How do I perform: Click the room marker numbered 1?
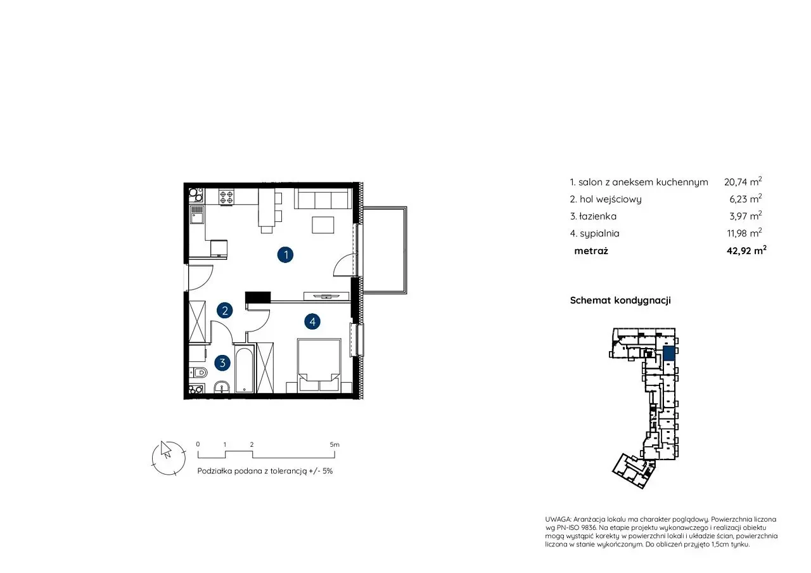click(285, 255)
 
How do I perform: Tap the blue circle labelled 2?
click(224, 311)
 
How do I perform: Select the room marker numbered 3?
click(222, 363)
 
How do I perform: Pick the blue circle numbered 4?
click(312, 321)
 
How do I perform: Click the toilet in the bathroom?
click(198, 372)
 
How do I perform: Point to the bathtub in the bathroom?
click(245, 369)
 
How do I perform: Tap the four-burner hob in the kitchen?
click(226, 196)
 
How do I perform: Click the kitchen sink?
click(197, 214)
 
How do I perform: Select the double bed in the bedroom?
click(319, 365)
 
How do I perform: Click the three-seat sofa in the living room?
click(323, 198)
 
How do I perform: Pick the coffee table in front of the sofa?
click(323, 224)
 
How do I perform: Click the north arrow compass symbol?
click(169, 458)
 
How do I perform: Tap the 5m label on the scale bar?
click(335, 444)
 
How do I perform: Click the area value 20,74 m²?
click(743, 181)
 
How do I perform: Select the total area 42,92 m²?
click(746, 250)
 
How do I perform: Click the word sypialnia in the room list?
click(599, 234)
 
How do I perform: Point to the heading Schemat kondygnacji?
click(620, 300)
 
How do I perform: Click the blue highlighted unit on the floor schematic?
click(668, 354)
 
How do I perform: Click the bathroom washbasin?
click(221, 387)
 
